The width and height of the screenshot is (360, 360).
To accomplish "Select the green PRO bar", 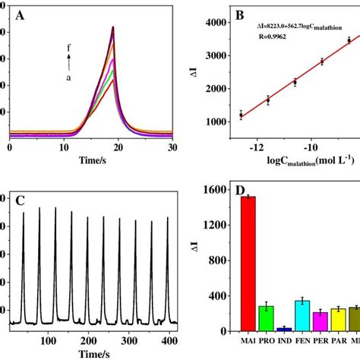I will pos(245,318).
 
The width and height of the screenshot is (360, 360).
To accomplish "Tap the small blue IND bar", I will pos(263,329).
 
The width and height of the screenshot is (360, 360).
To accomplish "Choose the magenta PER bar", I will pos(298,321).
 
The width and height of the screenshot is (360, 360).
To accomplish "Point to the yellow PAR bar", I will pos(317,320).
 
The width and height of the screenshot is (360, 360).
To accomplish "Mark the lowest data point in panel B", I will pos(241,115).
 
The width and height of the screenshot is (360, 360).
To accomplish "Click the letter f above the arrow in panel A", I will pos(69,44).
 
